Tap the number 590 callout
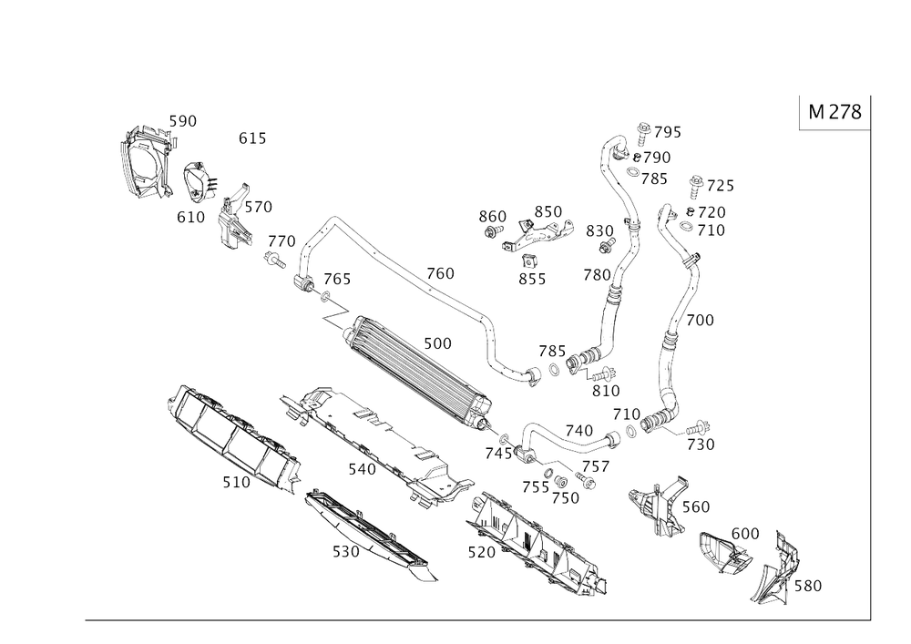[184, 119]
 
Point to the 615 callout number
[252, 138]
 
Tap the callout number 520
[345, 552]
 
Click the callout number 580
[808, 588]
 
